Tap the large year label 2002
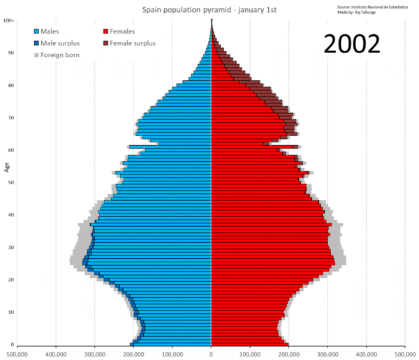[x=351, y=45]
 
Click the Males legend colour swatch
[x=36, y=32]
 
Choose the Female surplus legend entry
[x=132, y=43]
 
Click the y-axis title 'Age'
[x=6, y=167]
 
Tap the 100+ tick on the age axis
[x=8, y=21]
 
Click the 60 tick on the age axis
[x=11, y=150]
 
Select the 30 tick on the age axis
[x=11, y=248]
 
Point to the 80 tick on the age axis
[x=11, y=86]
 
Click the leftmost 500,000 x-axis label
[x=17, y=354]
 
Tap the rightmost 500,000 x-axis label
[x=405, y=354]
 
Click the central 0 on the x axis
[x=211, y=354]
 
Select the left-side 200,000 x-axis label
[x=133, y=354]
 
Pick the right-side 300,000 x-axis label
[x=328, y=354]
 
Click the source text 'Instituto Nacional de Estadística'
[x=378, y=6]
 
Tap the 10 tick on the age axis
[x=11, y=312]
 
